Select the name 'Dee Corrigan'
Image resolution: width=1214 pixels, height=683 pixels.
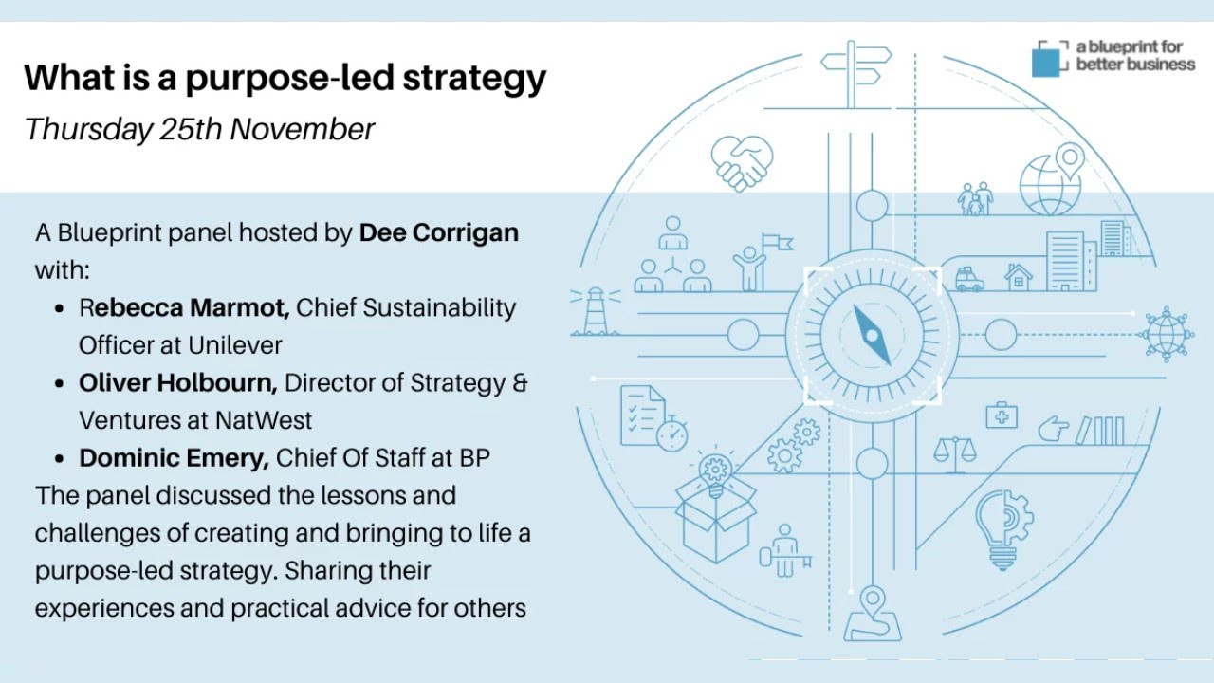[x=438, y=232]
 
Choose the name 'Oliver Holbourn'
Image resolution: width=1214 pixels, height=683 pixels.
[x=178, y=382]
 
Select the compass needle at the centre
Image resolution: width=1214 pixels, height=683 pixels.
[x=873, y=334]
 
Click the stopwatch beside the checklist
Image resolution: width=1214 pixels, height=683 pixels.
[x=671, y=434]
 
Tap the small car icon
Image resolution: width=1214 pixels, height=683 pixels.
[x=969, y=280]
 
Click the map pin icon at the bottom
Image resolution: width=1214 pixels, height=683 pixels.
[x=873, y=612]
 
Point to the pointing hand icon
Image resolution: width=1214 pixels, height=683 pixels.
[x=1053, y=430]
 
